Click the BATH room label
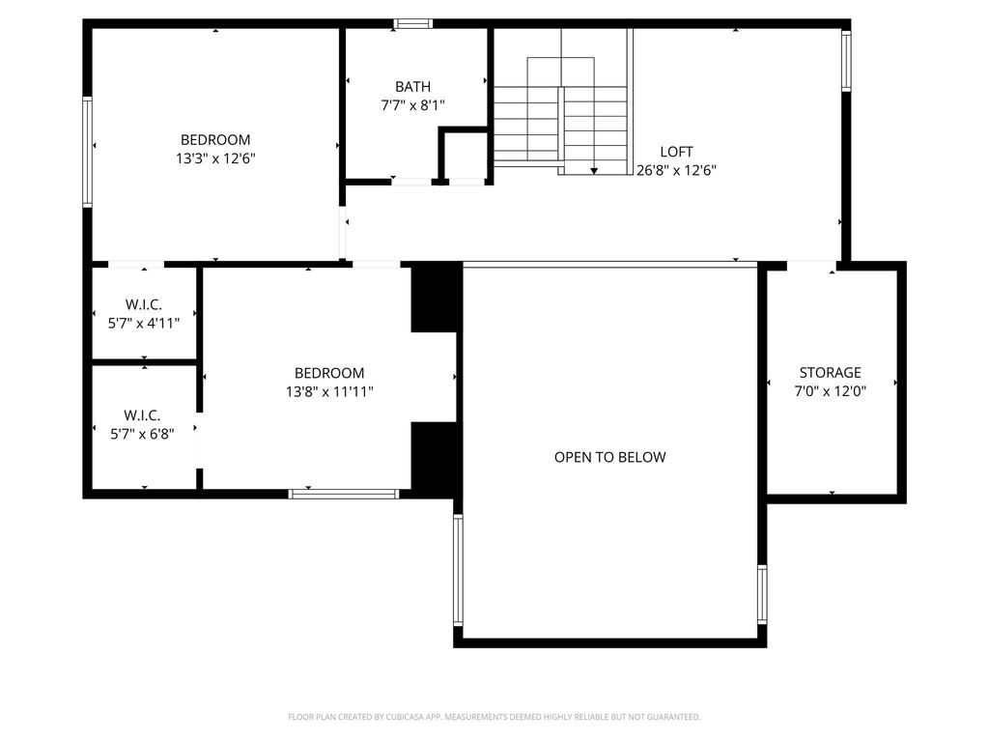[x=413, y=86]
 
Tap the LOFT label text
[x=676, y=152]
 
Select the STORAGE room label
[x=830, y=372]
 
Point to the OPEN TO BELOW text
[x=610, y=457]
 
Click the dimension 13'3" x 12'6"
[x=215, y=157]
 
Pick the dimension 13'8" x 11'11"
[x=329, y=391]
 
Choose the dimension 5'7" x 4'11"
[x=144, y=323]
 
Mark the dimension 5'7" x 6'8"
[x=142, y=434]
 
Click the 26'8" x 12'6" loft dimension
[x=676, y=170]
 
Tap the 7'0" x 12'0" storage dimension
[x=830, y=390]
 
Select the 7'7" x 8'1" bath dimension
[x=413, y=104]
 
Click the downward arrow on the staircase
[x=594, y=171]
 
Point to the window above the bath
[x=413, y=24]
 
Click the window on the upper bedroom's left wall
[x=88, y=152]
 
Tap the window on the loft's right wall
[x=846, y=61]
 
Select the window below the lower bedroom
[x=344, y=494]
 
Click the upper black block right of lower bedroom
[x=436, y=298]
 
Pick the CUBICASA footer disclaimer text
[x=494, y=717]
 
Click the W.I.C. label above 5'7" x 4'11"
[x=144, y=304]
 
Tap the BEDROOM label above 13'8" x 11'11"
[x=329, y=373]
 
